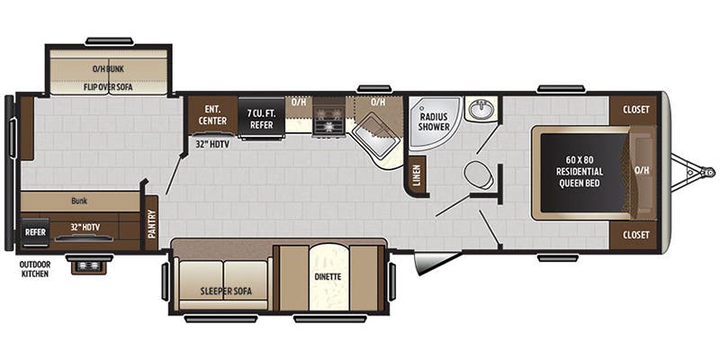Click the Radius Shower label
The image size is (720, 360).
click(x=433, y=121)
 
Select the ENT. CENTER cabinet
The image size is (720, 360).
click(x=213, y=113)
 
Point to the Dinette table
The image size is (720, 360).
click(x=328, y=275)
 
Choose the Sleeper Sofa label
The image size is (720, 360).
click(x=221, y=292)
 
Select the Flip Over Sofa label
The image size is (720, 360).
click(x=108, y=86)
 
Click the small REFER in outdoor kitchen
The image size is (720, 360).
click(x=35, y=230)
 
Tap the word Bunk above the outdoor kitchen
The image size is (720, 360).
click(x=79, y=202)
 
